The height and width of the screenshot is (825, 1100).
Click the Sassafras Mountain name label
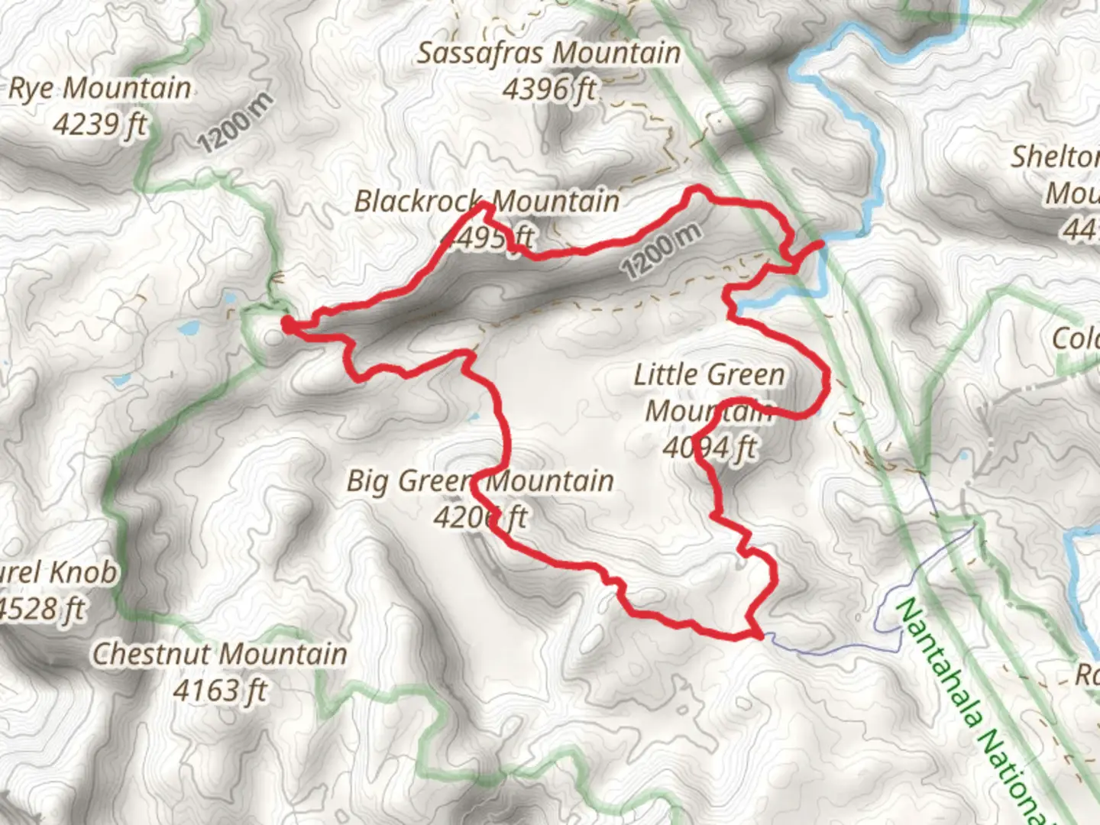click(548, 53)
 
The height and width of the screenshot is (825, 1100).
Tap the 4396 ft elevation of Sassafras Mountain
click(548, 90)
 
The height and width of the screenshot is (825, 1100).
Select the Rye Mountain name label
click(99, 89)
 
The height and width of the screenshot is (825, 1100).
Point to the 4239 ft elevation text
click(99, 125)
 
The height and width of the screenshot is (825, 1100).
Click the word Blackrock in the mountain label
click(419, 202)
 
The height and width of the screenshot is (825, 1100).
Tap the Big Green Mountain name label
click(480, 481)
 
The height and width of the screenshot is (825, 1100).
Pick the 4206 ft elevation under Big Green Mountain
click(480, 518)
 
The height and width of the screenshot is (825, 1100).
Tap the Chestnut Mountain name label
click(220, 655)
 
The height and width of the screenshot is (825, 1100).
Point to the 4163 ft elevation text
click(220, 691)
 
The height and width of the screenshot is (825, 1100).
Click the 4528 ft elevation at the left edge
click(42, 610)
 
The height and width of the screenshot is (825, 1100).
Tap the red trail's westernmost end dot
click(288, 325)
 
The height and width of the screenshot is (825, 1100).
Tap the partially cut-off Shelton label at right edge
click(1056, 157)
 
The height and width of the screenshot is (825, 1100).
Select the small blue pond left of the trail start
click(187, 329)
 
